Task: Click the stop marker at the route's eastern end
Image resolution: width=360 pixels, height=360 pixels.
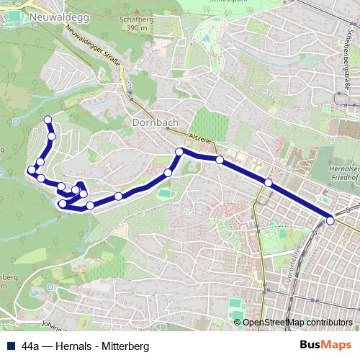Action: [330, 220]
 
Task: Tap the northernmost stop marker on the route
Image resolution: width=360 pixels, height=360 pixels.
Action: [48, 120]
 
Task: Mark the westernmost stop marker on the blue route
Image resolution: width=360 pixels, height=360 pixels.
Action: [31, 171]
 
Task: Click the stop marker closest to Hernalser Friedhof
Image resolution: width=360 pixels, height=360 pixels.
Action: [269, 183]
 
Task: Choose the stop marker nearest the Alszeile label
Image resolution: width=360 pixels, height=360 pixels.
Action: [180, 151]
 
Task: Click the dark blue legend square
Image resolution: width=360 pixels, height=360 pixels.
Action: [11, 346]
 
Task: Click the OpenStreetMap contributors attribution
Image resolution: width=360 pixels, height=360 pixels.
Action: [297, 322]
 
